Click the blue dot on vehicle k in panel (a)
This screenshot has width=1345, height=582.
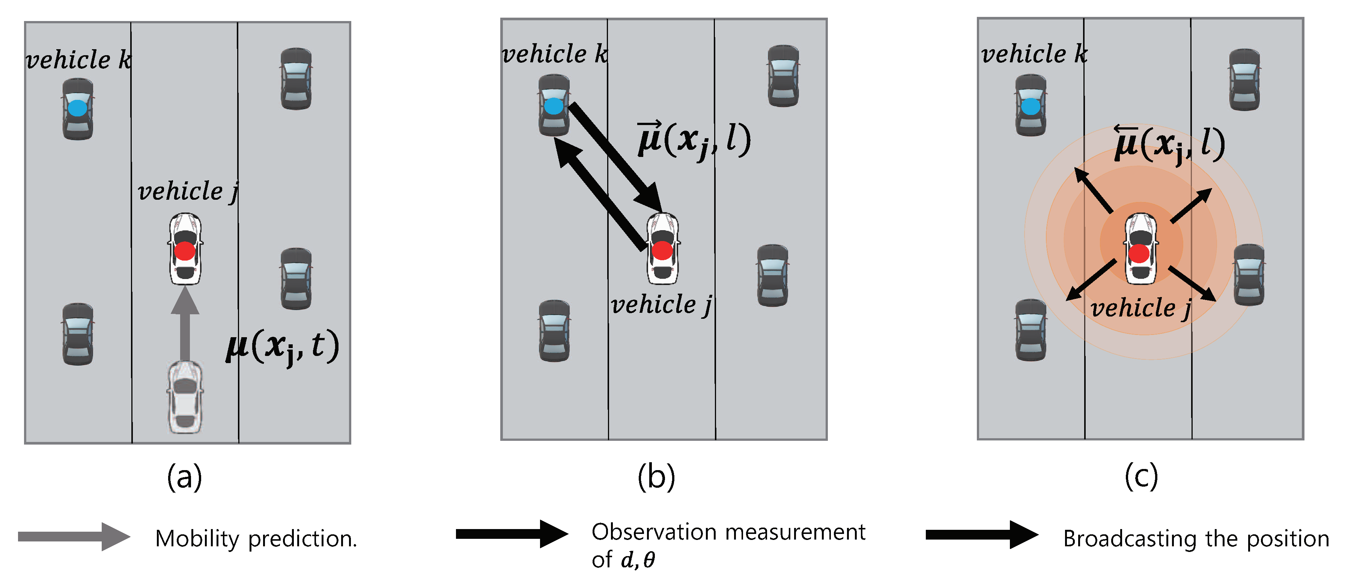(x=77, y=108)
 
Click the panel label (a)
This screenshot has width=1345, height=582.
(x=184, y=477)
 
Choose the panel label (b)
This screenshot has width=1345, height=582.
(x=656, y=477)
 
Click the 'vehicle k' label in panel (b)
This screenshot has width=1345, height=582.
(x=555, y=54)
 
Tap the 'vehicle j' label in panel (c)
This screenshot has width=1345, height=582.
(x=1141, y=308)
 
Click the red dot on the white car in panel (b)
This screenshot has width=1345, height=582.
(x=662, y=250)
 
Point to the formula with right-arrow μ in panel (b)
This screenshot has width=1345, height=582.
(x=694, y=140)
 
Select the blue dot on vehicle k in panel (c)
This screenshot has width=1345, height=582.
(x=1030, y=107)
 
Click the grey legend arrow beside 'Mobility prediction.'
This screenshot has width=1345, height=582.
(x=74, y=537)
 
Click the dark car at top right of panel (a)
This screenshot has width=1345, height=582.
(x=296, y=79)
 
